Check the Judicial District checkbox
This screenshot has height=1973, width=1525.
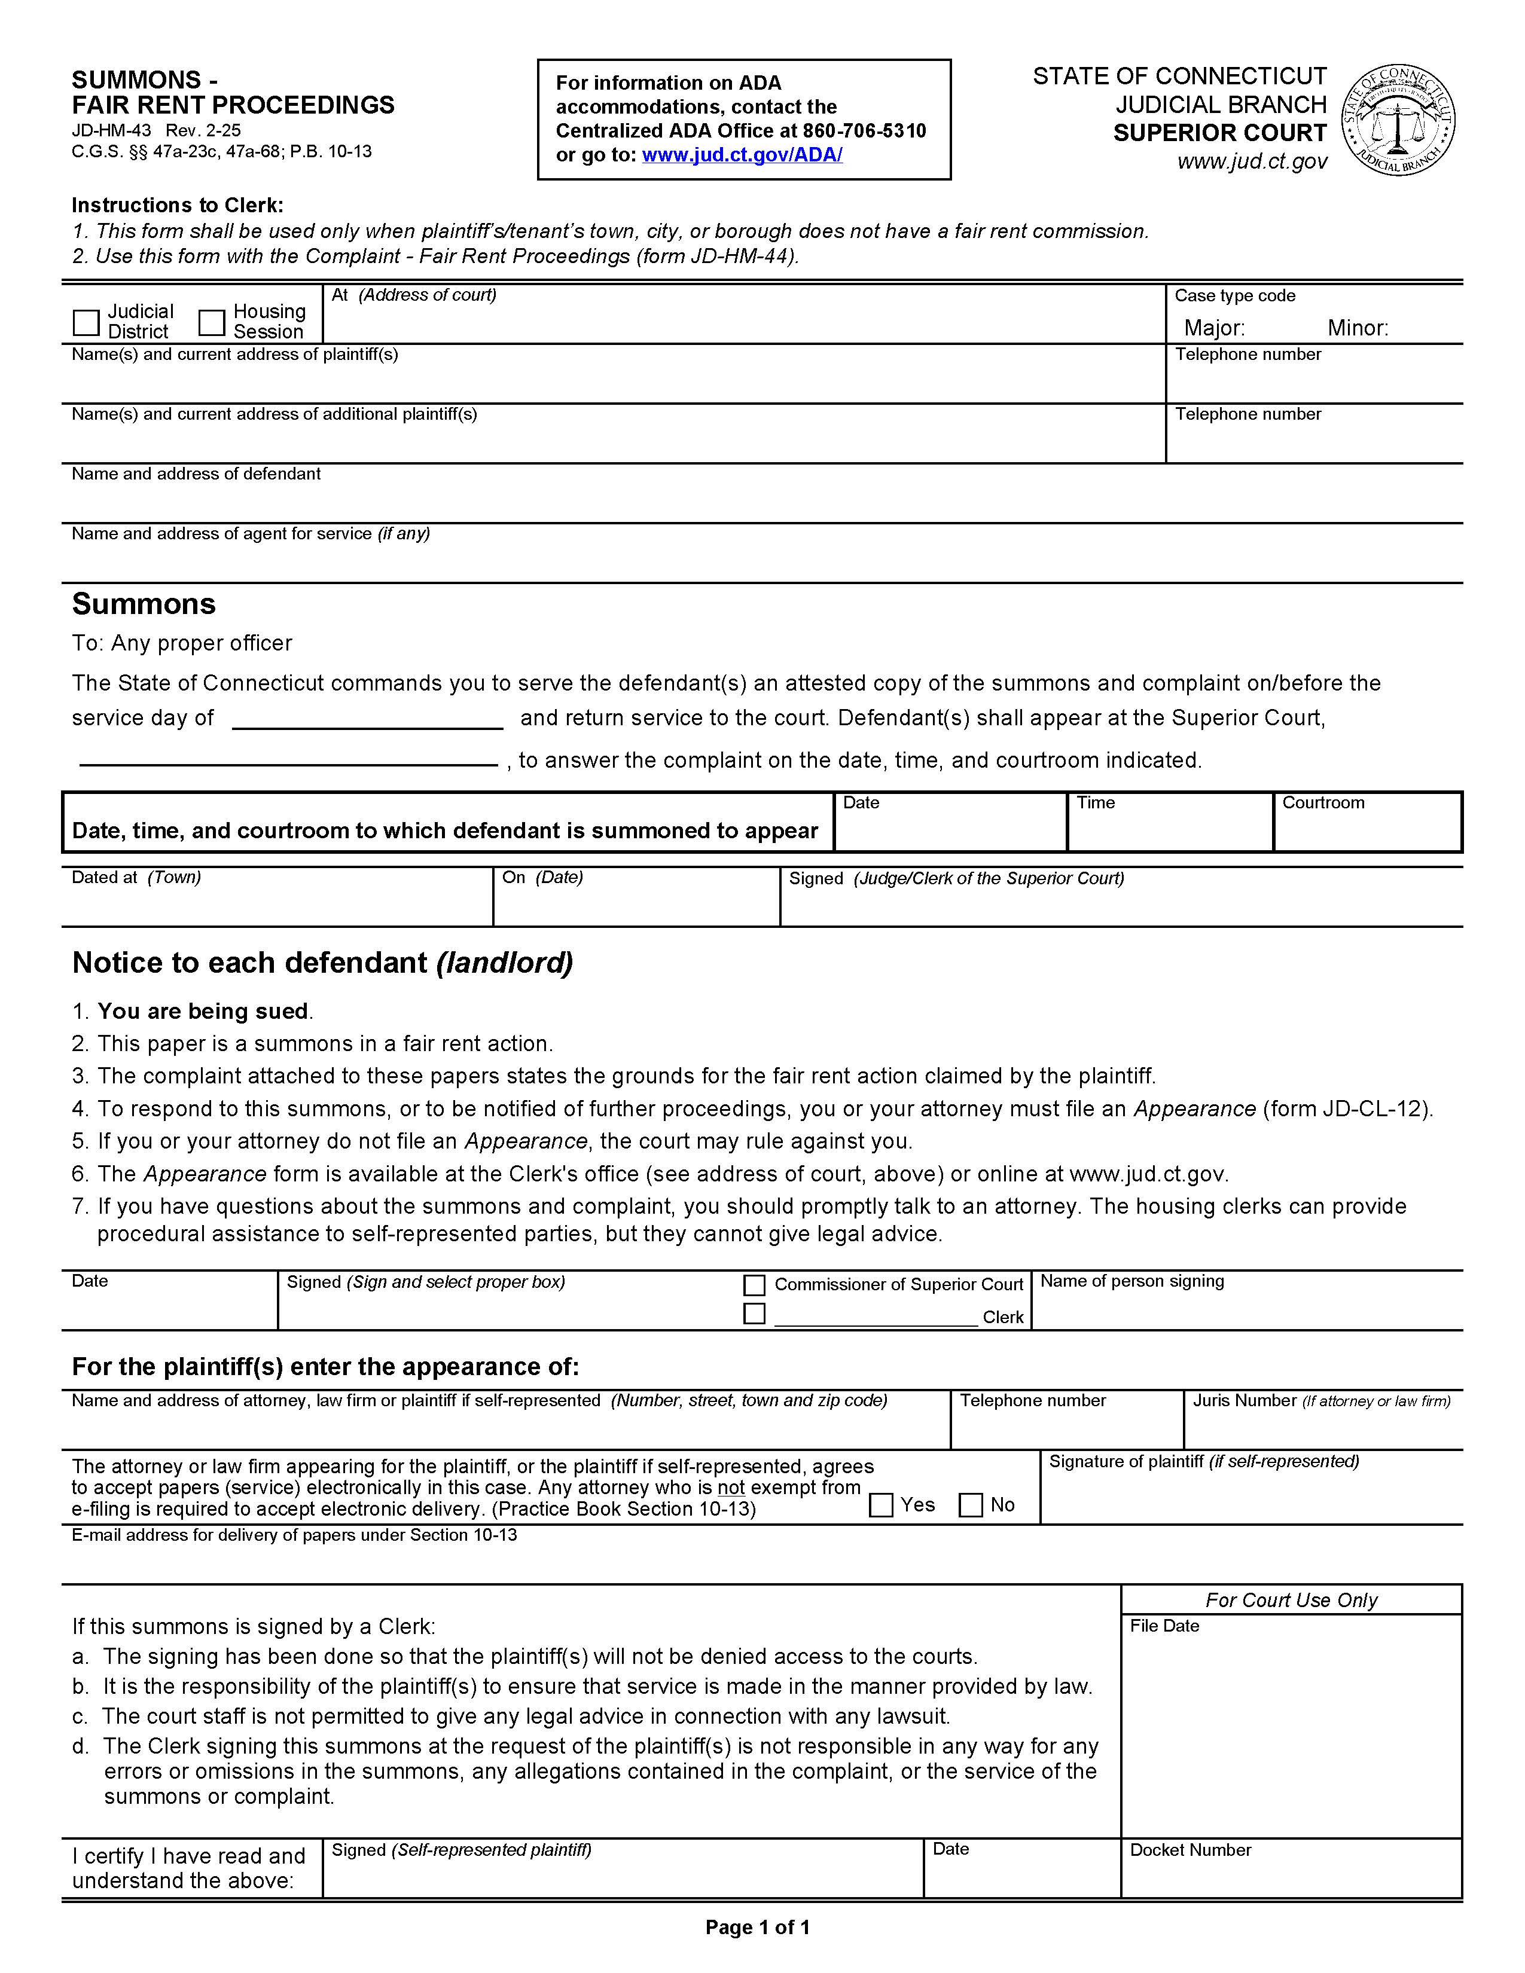coord(86,322)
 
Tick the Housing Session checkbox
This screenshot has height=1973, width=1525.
coord(211,322)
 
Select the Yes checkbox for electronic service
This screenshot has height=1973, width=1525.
coord(881,1505)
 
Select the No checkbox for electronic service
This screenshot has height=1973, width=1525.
coord(970,1505)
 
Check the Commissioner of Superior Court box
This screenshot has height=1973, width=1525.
coord(754,1285)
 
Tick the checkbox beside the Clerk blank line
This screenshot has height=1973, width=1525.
coord(754,1314)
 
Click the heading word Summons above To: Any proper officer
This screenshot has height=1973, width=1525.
coord(144,603)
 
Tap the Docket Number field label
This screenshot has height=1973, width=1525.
coord(1190,1850)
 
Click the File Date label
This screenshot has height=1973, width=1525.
coord(1164,1626)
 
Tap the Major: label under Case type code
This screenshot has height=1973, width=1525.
coord(1214,328)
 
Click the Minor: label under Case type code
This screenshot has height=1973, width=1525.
coord(1357,328)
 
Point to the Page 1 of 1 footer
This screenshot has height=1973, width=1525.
coord(757,1927)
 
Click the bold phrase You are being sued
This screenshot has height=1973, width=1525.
coord(203,1011)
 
